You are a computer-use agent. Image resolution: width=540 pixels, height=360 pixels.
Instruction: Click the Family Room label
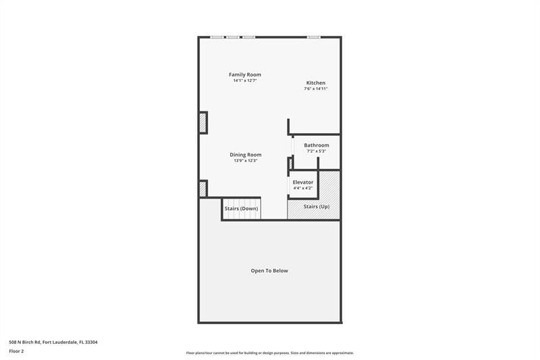pyautogui.click(x=244, y=74)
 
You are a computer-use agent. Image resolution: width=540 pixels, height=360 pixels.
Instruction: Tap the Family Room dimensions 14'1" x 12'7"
pyautogui.click(x=244, y=80)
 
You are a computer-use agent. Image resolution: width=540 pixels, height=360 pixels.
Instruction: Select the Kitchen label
pyautogui.click(x=315, y=83)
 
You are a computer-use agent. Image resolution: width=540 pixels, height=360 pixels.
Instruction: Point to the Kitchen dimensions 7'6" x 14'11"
pyautogui.click(x=315, y=88)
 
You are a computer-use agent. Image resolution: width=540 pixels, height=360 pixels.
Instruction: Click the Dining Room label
pyautogui.click(x=245, y=155)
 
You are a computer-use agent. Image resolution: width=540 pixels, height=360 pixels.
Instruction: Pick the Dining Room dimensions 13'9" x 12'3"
pyautogui.click(x=245, y=161)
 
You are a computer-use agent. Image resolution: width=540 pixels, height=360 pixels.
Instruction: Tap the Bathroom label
pyautogui.click(x=316, y=145)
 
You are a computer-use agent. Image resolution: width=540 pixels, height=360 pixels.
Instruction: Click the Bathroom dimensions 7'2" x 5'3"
pyautogui.click(x=316, y=151)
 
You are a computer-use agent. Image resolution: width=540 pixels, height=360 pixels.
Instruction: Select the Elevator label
pyautogui.click(x=302, y=182)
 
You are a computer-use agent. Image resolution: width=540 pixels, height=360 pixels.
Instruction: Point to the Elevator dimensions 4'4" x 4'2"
pyautogui.click(x=302, y=188)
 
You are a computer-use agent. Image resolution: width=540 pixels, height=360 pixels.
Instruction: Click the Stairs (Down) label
pyautogui.click(x=241, y=209)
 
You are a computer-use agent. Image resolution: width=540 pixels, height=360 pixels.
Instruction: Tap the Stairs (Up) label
pyautogui.click(x=316, y=206)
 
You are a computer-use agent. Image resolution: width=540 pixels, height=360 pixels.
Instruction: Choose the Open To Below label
pyautogui.click(x=269, y=271)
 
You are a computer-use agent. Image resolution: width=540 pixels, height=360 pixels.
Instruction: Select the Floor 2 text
pyautogui.click(x=17, y=351)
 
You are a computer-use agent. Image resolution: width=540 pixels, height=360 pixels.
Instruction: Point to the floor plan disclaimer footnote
pyautogui.click(x=269, y=353)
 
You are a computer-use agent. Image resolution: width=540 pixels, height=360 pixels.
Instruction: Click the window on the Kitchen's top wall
pyautogui.click(x=313, y=37)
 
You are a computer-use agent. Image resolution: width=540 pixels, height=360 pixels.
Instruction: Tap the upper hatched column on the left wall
pyautogui.click(x=202, y=123)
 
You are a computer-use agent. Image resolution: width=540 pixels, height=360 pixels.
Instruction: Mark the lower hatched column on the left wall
pyautogui.click(x=202, y=188)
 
